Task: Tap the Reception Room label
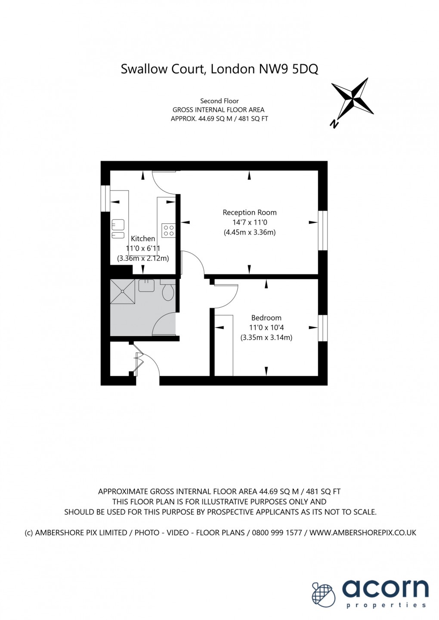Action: point(249,213)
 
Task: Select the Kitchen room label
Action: point(143,239)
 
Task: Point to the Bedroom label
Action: point(266,318)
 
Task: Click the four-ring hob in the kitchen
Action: point(168,230)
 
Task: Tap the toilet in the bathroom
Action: point(168,293)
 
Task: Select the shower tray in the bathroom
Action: point(123,291)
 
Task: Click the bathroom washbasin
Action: point(146,285)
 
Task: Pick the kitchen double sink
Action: point(118,229)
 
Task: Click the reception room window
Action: point(323,230)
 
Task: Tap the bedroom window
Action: point(323,328)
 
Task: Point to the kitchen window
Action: point(105,198)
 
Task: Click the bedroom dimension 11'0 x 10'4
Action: point(266,328)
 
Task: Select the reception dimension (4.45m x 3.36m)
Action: point(249,232)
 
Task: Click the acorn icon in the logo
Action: point(324,594)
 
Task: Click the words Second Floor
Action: point(219,101)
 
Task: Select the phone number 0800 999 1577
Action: point(277,533)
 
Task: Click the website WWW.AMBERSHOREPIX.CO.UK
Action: point(362,533)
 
